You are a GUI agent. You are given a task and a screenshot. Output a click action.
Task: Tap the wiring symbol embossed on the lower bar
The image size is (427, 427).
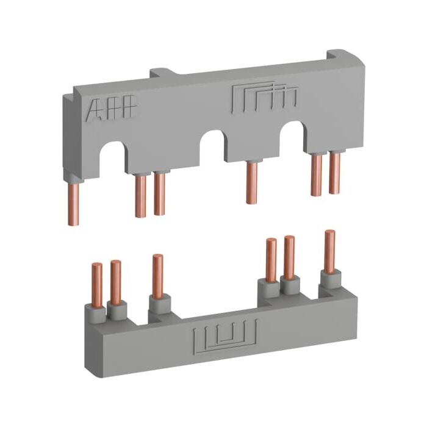pyautogui.click(x=225, y=337)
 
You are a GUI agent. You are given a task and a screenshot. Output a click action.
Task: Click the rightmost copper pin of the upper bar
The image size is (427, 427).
pyautogui.click(x=334, y=173)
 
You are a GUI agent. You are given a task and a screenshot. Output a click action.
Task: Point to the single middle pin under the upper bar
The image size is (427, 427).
pyautogui.click(x=252, y=182)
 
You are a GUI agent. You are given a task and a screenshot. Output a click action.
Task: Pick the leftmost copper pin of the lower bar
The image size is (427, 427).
pyautogui.click(x=97, y=285)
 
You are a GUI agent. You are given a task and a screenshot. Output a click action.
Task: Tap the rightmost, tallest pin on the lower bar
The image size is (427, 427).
pyautogui.click(x=330, y=251)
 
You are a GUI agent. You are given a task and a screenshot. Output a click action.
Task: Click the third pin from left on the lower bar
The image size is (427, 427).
pyautogui.click(x=158, y=276)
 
